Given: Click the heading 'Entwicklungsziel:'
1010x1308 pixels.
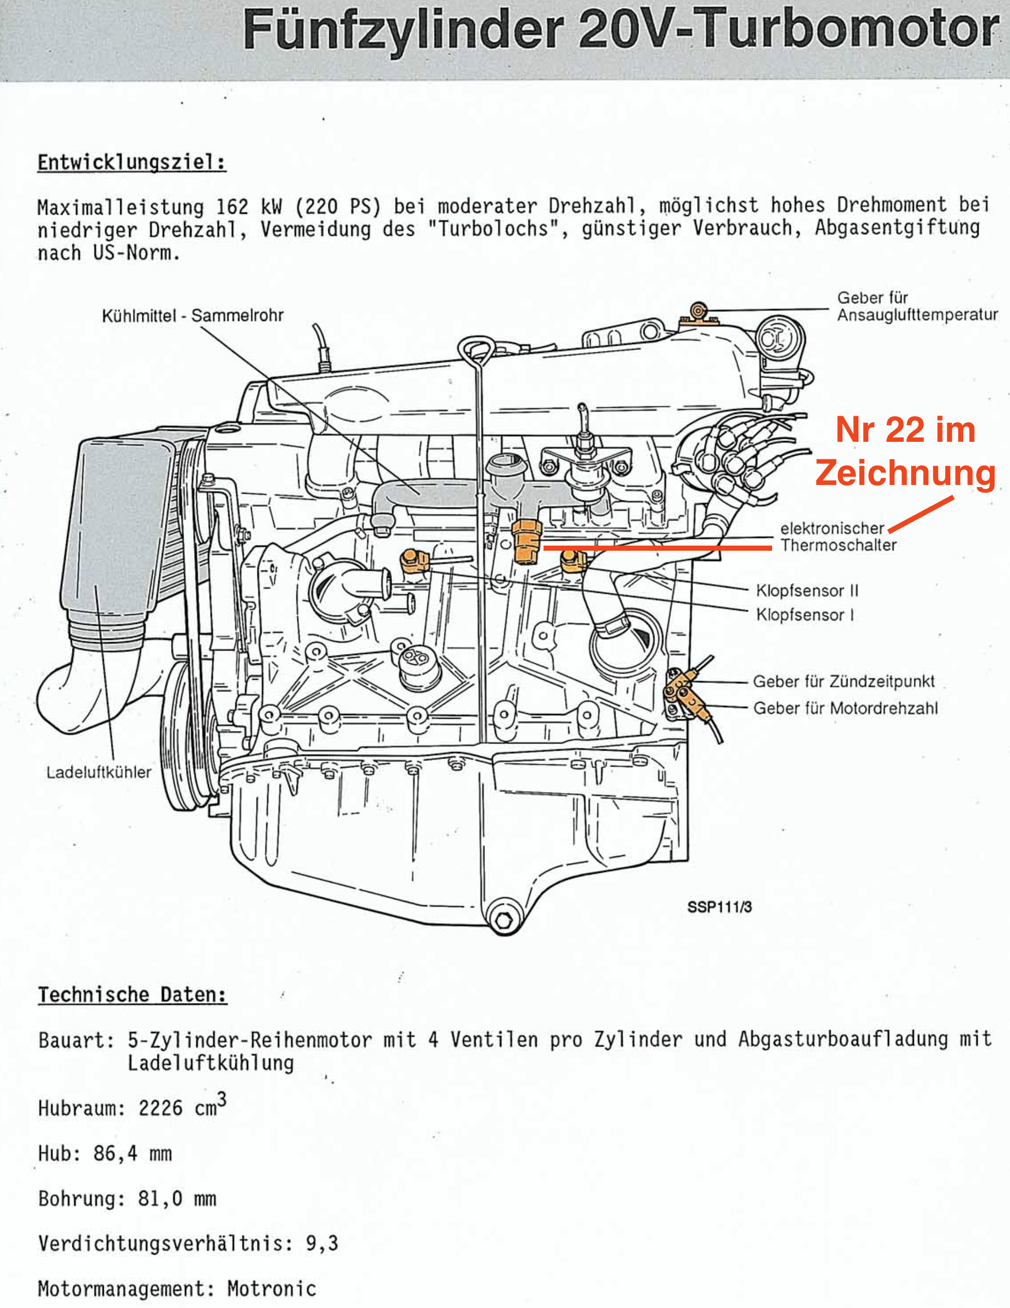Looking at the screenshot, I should coord(132,162).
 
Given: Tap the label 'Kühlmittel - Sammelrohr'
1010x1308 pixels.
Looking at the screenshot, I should coord(192,315).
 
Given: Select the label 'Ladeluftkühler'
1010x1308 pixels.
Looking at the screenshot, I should coord(99,772).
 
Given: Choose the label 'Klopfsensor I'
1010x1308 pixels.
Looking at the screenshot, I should coord(805,614).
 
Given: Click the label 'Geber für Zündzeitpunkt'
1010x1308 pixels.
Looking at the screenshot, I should coord(844,682).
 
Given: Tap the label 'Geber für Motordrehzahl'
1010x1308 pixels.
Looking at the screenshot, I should coord(845,708).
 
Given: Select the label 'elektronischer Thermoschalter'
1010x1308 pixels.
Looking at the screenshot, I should coord(837,537).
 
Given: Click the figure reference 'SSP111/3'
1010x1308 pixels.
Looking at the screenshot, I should coord(719,907).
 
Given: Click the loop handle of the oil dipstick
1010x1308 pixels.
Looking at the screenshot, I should coord(476,350).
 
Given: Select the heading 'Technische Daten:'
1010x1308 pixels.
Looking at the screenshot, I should coord(133,995).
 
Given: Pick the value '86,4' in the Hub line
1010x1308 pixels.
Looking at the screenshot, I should coord(115,1153).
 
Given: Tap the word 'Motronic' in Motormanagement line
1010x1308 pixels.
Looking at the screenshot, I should coord(271,1288).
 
